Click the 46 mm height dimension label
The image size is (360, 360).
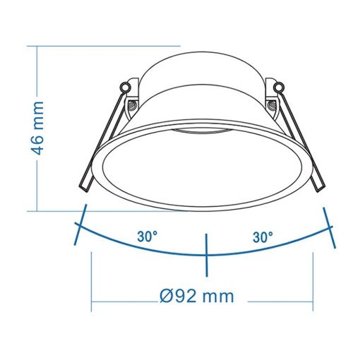37,128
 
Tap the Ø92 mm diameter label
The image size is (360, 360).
197,296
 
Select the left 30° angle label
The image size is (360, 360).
148,236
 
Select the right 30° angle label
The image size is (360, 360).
263,237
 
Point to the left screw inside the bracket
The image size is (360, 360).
131,104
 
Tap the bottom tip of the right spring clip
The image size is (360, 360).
319,188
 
